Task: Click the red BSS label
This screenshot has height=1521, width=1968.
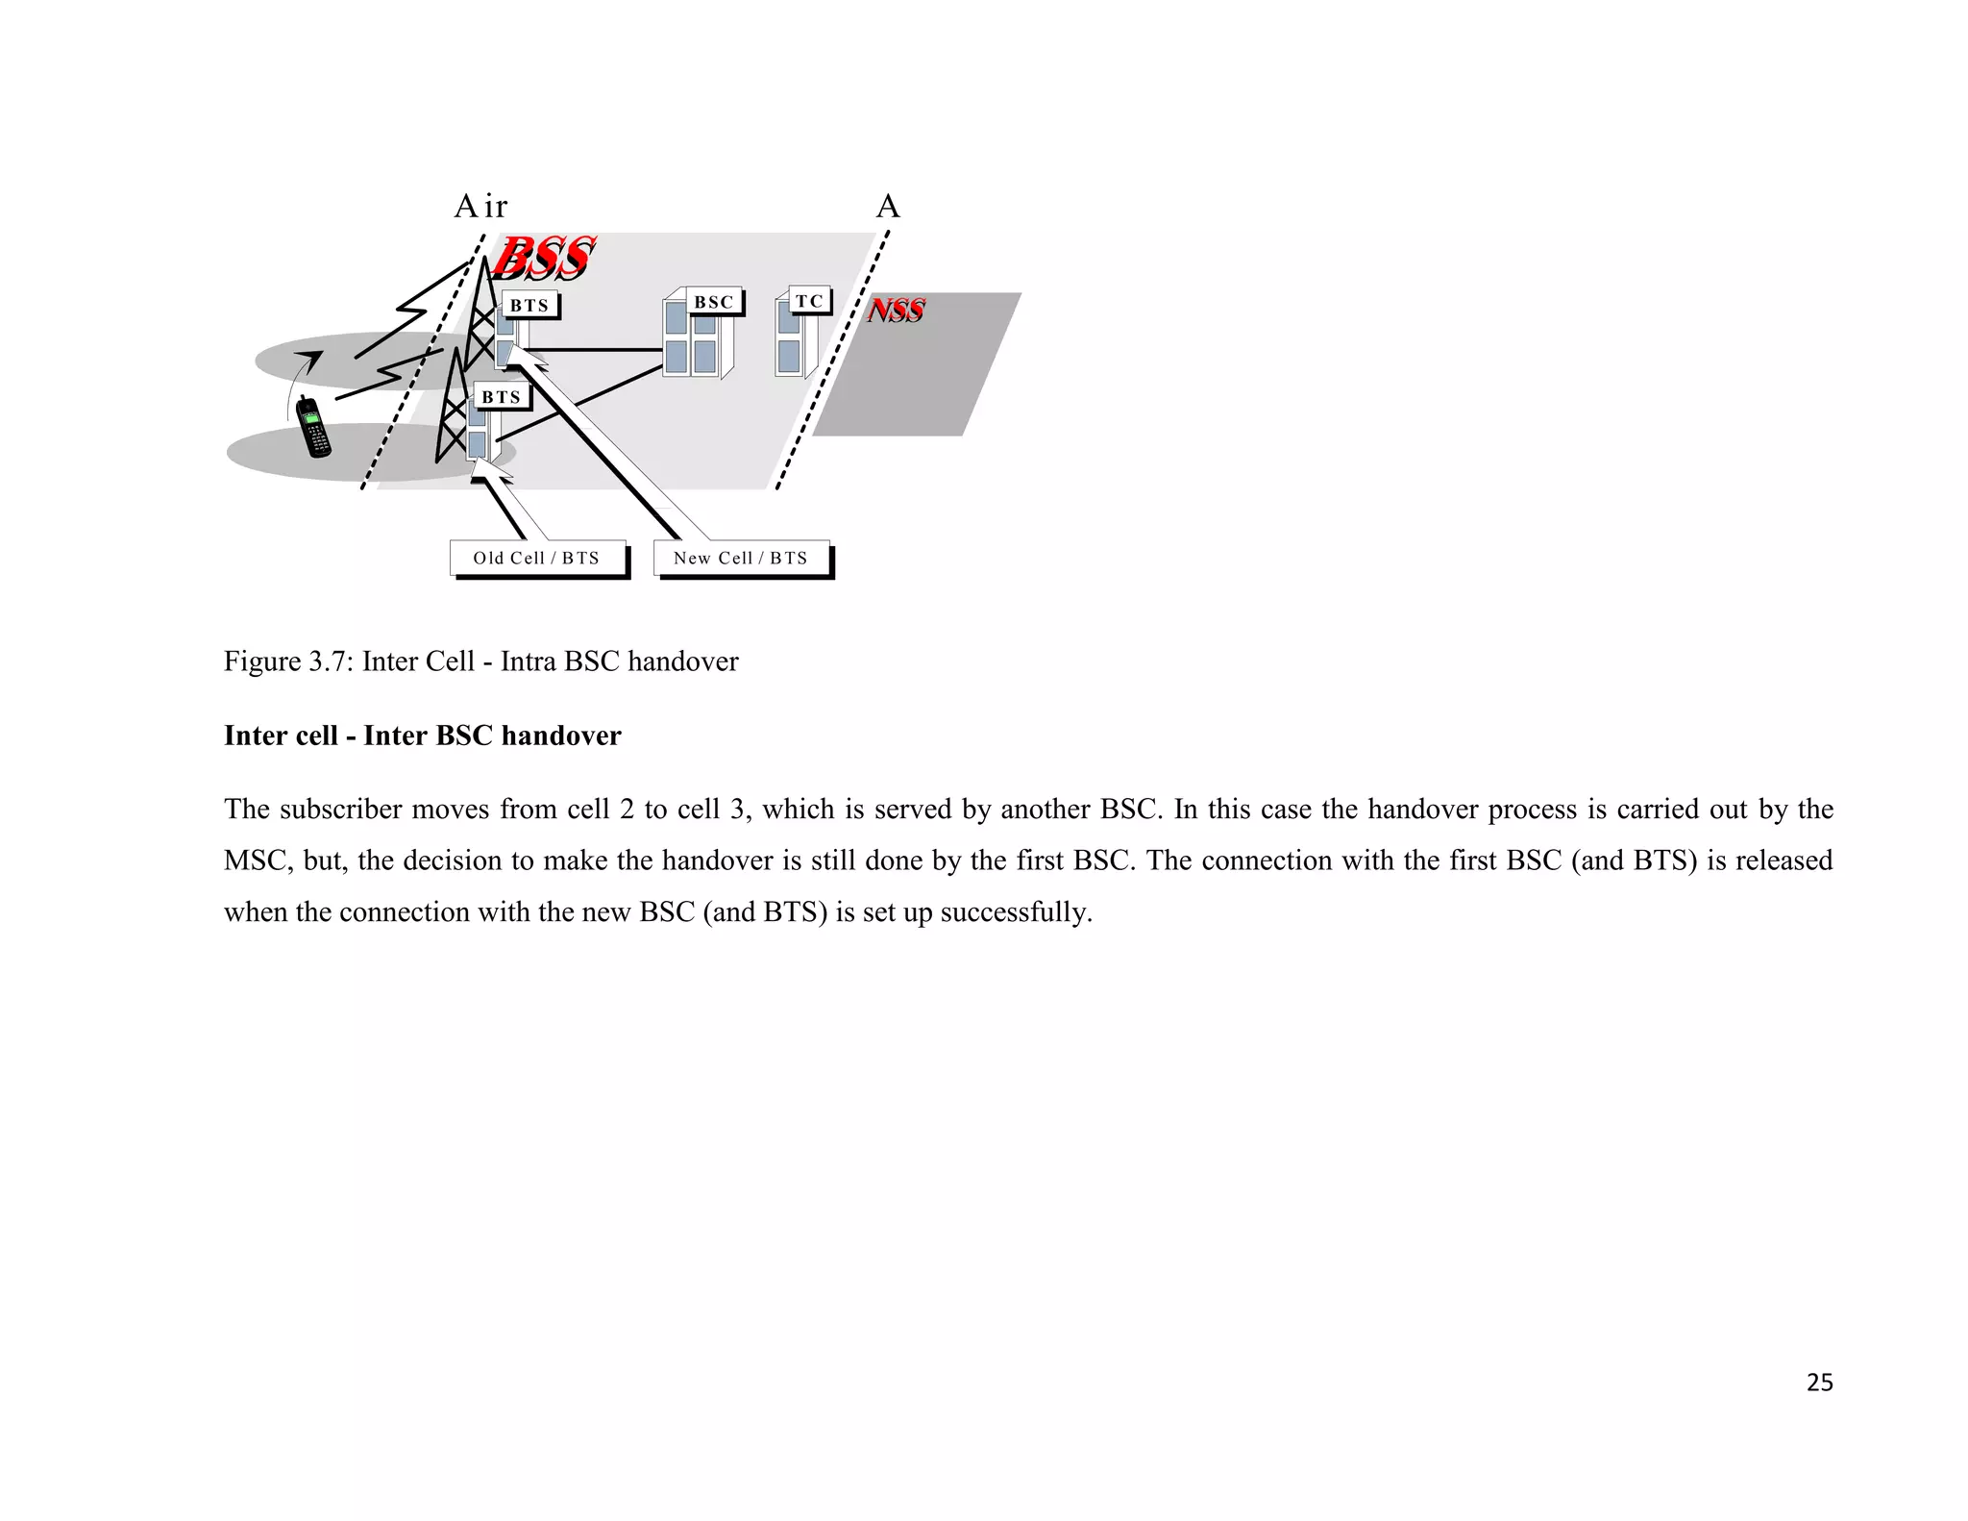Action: coord(543,258)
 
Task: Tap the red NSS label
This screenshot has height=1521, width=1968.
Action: coord(896,311)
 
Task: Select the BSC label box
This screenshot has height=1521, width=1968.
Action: coord(714,302)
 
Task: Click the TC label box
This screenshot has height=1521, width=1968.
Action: coord(809,301)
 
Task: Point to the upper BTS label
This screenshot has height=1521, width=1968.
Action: coord(529,306)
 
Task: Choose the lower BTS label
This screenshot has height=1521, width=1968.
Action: coord(501,397)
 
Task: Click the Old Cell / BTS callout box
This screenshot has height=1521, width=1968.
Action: coord(537,558)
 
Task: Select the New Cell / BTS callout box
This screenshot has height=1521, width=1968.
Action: coord(741,558)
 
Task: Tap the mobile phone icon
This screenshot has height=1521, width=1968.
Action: coord(313,427)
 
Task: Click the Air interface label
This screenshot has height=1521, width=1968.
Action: coord(480,207)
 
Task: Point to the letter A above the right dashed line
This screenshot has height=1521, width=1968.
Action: coord(888,207)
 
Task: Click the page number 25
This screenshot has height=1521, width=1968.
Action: coord(1819,1383)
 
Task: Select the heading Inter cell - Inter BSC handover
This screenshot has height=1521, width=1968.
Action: coord(423,736)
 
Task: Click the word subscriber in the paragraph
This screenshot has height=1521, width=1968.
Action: coord(342,810)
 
